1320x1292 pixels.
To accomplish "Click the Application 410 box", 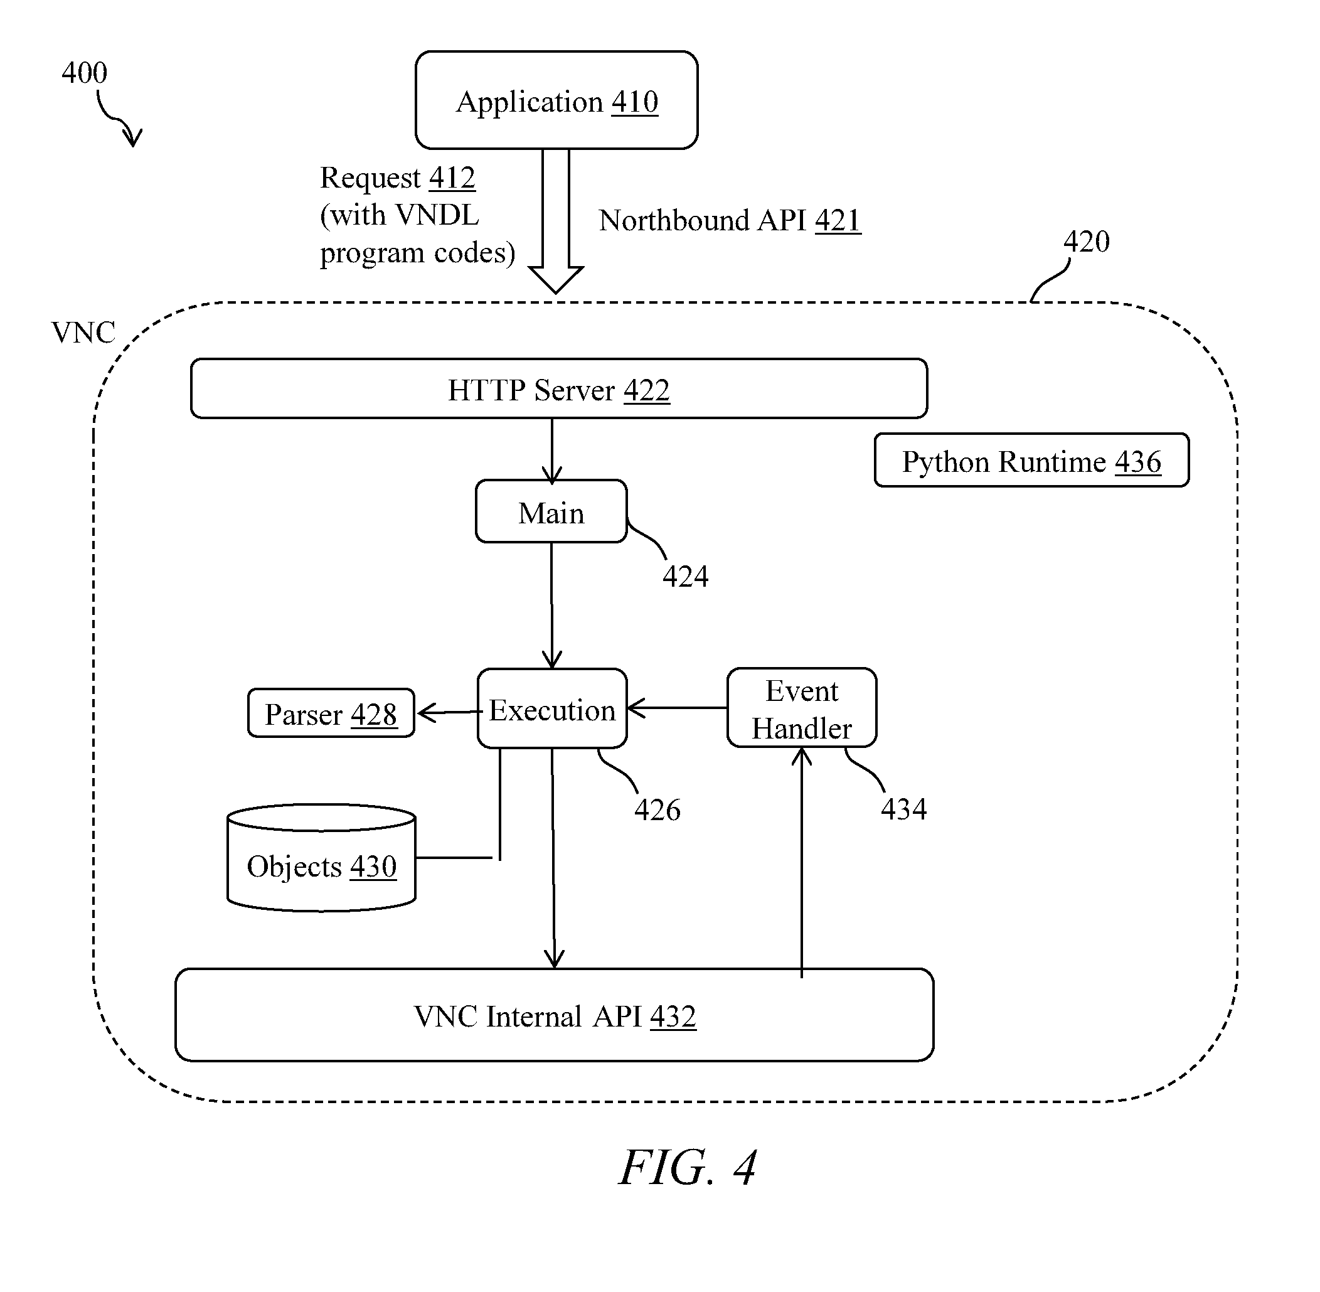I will click(x=556, y=100).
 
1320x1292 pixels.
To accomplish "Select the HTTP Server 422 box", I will click(x=558, y=389).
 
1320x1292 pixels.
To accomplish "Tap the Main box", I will click(x=551, y=511).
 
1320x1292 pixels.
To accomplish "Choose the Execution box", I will click(x=551, y=709).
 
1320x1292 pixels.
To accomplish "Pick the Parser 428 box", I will click(x=331, y=713).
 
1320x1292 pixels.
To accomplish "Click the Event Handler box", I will click(x=801, y=708).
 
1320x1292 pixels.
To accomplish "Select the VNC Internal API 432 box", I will click(x=553, y=1016).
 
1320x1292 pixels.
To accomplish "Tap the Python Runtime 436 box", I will click(x=1031, y=461).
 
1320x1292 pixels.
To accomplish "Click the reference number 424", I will click(x=685, y=576).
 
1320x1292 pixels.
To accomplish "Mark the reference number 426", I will click(x=657, y=809).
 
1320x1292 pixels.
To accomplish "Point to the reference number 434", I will click(x=903, y=809).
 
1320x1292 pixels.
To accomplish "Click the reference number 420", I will click(x=1086, y=242).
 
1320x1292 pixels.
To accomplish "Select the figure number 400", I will click(x=84, y=73).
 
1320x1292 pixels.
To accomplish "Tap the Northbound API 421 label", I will click(x=729, y=220).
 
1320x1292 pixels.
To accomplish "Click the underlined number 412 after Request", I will click(x=452, y=178).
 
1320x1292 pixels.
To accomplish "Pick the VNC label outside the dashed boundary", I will click(x=83, y=333).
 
